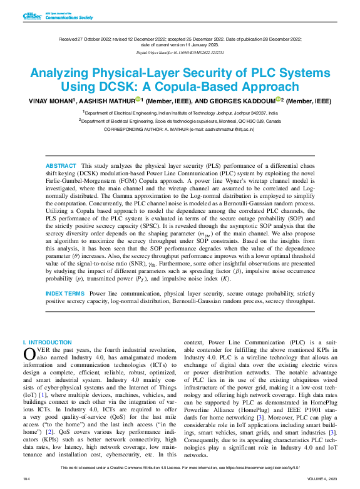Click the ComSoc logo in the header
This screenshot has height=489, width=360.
coord(31,16)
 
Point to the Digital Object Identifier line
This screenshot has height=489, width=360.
coord(179,53)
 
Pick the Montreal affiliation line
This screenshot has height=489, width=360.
coord(180,120)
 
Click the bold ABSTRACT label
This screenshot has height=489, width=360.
coord(61,165)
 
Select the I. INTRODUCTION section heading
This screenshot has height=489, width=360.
coord(47,342)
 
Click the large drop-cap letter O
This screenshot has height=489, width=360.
coord(29,354)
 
